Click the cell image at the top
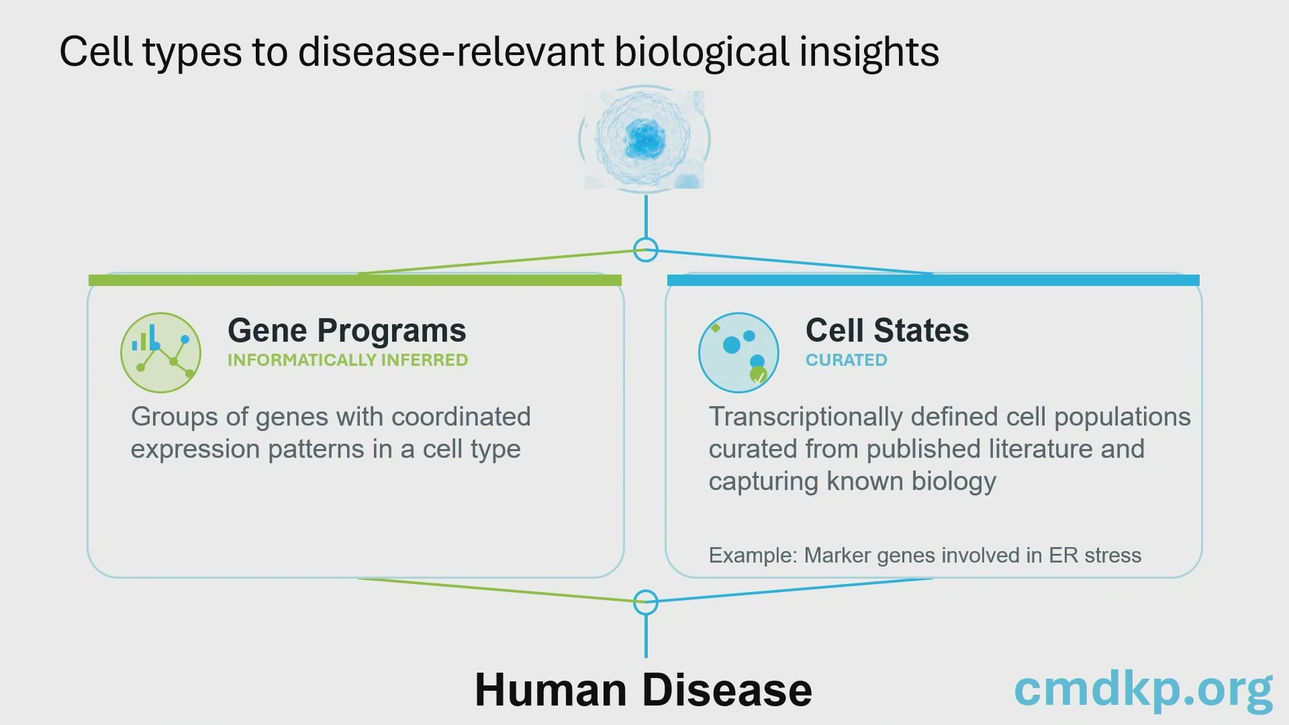coord(644,140)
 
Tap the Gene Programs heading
coord(347,330)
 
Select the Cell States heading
coord(887,330)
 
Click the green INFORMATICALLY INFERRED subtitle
coord(348,360)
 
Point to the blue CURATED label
coord(847,360)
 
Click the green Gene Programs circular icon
coord(161,352)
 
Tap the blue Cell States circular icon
coord(738,352)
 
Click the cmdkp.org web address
coord(1143,690)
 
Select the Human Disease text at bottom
coord(643,690)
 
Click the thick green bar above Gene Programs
coord(355,280)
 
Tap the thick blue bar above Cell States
coord(933,280)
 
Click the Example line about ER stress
coord(925,556)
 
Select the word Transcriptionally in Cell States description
coord(806,418)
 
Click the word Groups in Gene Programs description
coord(174,418)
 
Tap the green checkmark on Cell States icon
coord(759,376)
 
